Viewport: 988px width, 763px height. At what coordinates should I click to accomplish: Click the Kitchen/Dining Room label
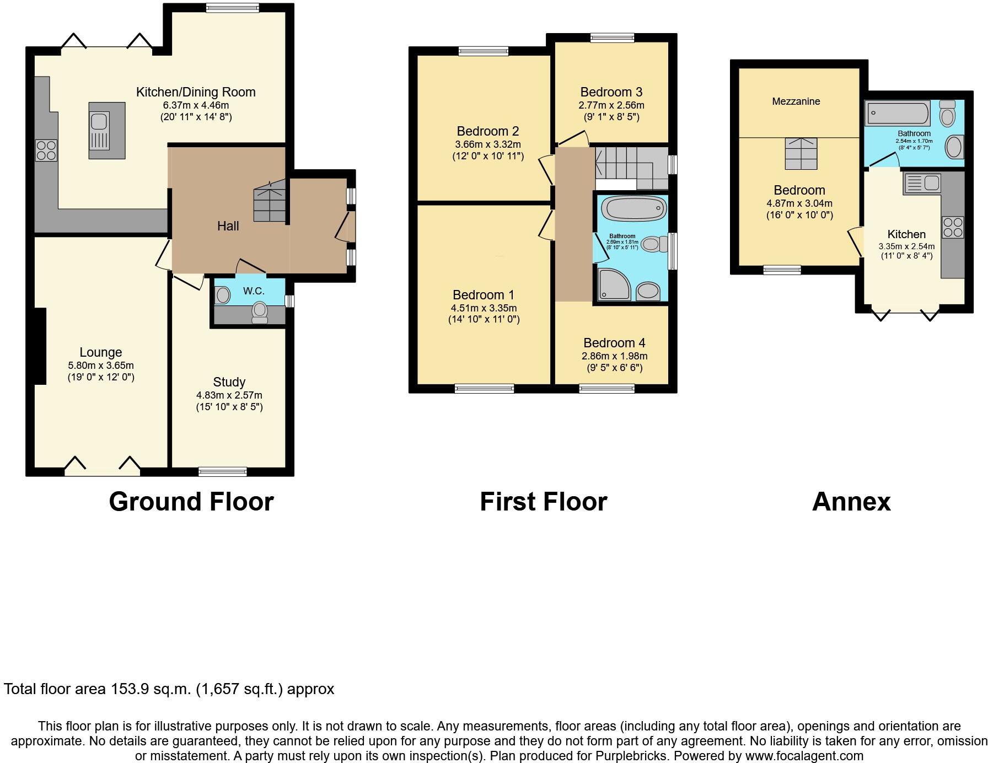(196, 92)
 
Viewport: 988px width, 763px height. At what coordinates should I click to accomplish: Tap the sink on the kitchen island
(100, 121)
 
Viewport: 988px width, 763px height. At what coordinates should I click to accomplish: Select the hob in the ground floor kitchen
(46, 150)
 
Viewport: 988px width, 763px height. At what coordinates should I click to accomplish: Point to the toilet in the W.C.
(260, 312)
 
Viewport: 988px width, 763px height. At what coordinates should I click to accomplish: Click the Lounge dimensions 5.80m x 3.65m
(100, 366)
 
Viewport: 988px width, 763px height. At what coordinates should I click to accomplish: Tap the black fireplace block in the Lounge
(40, 346)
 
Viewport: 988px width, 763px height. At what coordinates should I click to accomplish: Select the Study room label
(229, 382)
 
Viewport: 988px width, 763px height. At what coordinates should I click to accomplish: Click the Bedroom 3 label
(611, 92)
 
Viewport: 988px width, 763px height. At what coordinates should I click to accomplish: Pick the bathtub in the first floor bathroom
(634, 209)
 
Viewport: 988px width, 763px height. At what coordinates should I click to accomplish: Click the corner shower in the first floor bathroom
(613, 284)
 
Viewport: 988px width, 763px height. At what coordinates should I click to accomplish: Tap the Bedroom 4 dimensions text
(614, 356)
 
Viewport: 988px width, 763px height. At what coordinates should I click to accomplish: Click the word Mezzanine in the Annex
(796, 101)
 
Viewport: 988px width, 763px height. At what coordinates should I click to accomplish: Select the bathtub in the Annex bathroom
(897, 113)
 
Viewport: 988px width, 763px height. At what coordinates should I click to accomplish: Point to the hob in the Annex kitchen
(953, 227)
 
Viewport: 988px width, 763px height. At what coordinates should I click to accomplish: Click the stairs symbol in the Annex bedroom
(801, 153)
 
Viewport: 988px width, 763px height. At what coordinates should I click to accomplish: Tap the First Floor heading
(543, 502)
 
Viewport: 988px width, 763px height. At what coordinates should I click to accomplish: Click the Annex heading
(851, 502)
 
